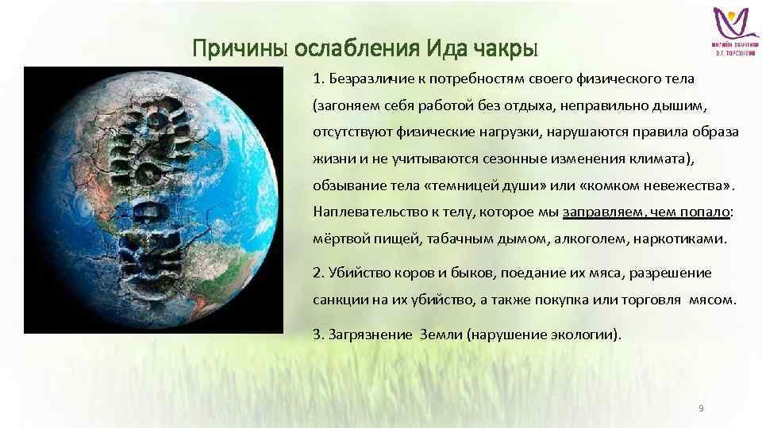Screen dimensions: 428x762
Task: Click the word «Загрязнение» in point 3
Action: [x=366, y=334]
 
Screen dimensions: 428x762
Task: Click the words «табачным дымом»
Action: [x=468, y=239]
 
